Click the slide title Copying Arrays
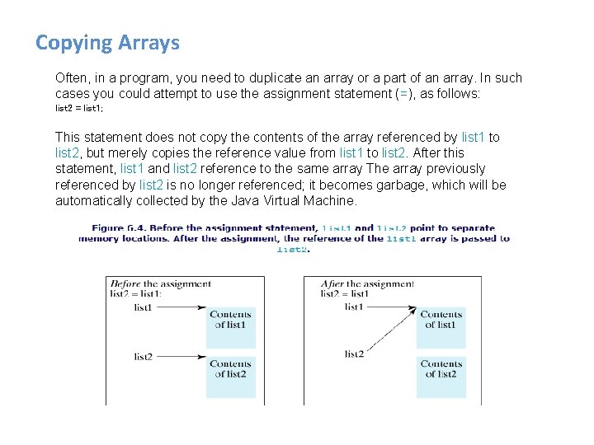pos(107,43)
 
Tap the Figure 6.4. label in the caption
pos(119,227)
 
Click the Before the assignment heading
pos(160,283)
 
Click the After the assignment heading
pos(367,283)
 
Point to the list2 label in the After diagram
pos(354,354)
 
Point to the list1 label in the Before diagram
pos(144,307)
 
